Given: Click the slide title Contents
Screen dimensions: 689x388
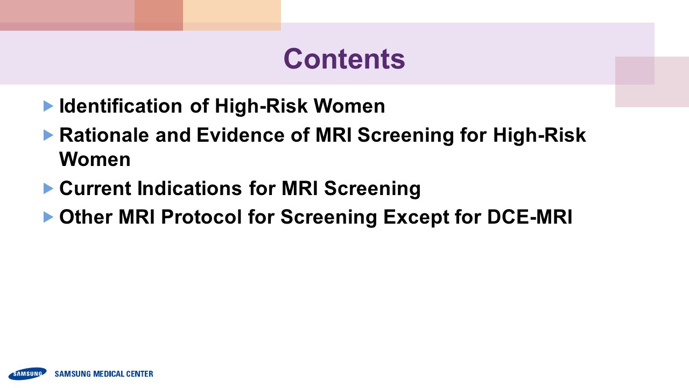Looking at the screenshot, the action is pyautogui.click(x=344, y=59).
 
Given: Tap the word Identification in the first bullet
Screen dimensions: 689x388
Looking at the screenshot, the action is pyautogui.click(x=121, y=106).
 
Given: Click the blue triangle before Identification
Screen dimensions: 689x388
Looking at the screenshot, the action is pyautogui.click(x=48, y=106).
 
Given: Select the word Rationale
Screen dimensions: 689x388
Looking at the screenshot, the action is pyautogui.click(x=104, y=135).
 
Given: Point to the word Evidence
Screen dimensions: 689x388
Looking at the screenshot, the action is pyautogui.click(x=241, y=135).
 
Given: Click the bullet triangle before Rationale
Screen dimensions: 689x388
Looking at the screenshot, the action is pyautogui.click(x=48, y=135).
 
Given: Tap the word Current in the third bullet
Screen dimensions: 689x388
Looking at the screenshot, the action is pyautogui.click(x=95, y=188).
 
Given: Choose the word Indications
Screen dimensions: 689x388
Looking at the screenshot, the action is pyautogui.click(x=189, y=188).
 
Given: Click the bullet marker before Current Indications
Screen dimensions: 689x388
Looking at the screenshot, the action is pyautogui.click(x=48, y=189).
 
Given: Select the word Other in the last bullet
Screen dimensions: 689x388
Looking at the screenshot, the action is pyautogui.click(x=86, y=217).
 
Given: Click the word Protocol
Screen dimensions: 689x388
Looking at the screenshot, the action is pyautogui.click(x=201, y=217).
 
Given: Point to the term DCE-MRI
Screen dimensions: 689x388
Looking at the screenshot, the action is pyautogui.click(x=530, y=217).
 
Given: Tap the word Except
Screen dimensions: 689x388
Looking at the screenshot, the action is pyautogui.click(x=416, y=218).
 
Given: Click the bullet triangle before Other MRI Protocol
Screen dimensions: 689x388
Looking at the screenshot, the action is pyautogui.click(x=48, y=217).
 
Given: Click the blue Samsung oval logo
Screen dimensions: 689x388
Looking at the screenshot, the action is pyautogui.click(x=27, y=373).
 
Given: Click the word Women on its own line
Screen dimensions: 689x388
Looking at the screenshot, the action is pyautogui.click(x=95, y=159).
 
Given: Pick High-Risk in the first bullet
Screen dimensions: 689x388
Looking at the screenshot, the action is pyautogui.click(x=261, y=106).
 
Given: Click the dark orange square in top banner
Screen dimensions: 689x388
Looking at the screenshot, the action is pyautogui.click(x=159, y=15).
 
